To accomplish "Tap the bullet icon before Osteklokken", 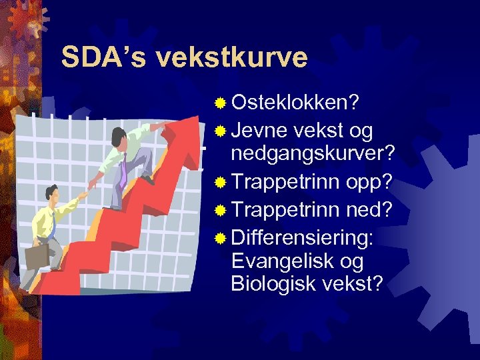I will pyautogui.click(x=220, y=103).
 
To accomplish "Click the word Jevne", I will pyautogui.click(x=261, y=130).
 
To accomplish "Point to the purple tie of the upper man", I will pyautogui.click(x=123, y=171).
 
